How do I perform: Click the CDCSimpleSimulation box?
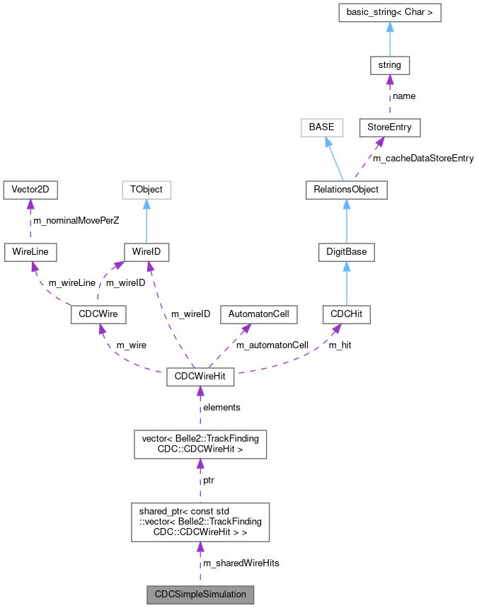200,594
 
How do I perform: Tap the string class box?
389,65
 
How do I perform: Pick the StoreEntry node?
389,127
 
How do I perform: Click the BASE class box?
321,127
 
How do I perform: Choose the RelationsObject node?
346,190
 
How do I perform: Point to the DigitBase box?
346,252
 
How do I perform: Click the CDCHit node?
346,314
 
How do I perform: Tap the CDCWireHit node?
200,377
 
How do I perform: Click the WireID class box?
146,252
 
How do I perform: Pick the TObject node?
146,190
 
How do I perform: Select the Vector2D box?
30,190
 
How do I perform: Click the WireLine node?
30,252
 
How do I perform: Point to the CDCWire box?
98,314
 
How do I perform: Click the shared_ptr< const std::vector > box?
200,522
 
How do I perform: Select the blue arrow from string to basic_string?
389,40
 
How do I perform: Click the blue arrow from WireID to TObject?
146,221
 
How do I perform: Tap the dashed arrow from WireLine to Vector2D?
30,221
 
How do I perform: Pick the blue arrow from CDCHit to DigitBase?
346,283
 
